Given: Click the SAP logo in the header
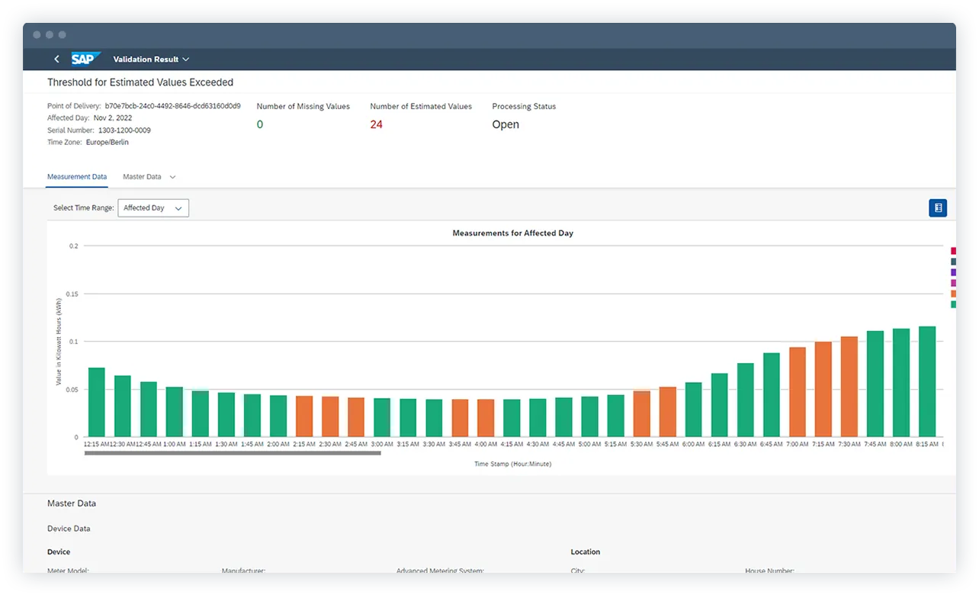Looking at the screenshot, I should click(85, 59).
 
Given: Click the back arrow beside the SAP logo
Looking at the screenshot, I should click(56, 59).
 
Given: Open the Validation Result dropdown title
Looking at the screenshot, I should click(151, 59).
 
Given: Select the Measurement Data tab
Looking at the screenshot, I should click(77, 177).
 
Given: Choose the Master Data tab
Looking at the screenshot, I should click(143, 177).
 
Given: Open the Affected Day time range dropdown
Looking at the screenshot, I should click(153, 207).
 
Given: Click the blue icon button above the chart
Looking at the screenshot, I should click(938, 207).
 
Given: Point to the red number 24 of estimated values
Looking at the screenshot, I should click(376, 124).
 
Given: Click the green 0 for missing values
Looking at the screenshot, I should click(260, 124).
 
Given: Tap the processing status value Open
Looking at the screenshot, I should click(506, 124).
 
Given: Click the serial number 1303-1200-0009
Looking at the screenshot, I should click(124, 130).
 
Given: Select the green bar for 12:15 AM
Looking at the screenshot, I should click(97, 403).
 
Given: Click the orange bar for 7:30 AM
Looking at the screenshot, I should click(849, 387).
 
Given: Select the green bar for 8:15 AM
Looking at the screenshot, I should click(926, 381).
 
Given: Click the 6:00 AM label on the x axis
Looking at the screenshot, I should click(693, 444).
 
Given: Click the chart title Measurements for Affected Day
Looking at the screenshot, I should click(512, 233).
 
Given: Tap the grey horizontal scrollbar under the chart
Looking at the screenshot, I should click(233, 453).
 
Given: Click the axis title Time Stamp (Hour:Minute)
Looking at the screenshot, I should click(512, 464).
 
